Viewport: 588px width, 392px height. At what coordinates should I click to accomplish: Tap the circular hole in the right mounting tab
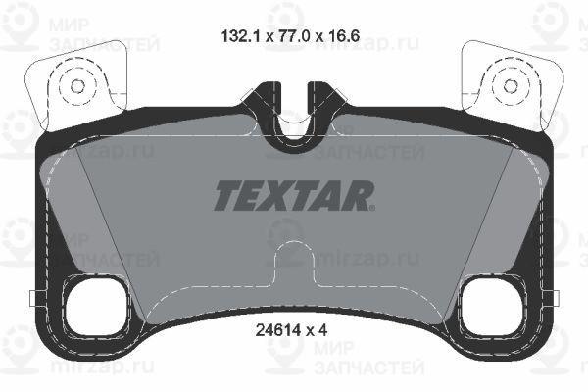pos(510,85)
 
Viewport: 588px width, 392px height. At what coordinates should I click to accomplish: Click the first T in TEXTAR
pos(226,196)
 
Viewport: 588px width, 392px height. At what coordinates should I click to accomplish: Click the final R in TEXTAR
pos(360,196)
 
